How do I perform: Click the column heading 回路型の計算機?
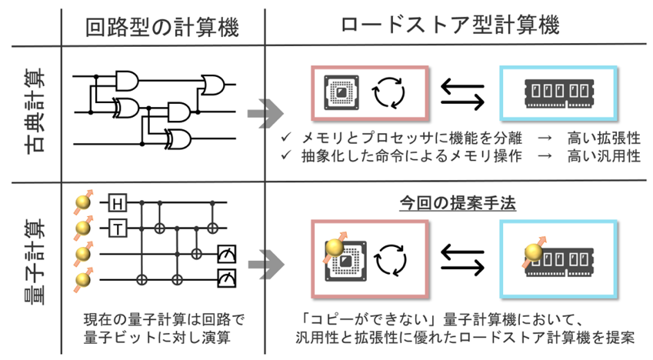click(x=162, y=28)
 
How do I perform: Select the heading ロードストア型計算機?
click(x=451, y=25)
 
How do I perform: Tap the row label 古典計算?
click(x=35, y=111)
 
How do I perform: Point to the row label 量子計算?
click(x=35, y=261)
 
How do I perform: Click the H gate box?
click(x=118, y=203)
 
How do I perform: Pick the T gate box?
click(x=118, y=228)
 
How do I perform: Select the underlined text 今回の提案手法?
click(x=458, y=203)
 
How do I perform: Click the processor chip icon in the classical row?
click(x=341, y=92)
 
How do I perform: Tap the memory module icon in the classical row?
click(x=559, y=93)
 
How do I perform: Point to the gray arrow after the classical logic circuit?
click(x=265, y=113)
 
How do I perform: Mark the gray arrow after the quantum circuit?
click(x=267, y=264)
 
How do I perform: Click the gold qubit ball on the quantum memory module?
click(x=534, y=252)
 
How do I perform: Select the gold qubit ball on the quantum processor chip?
click(x=335, y=248)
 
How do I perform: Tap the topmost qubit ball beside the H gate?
click(x=83, y=202)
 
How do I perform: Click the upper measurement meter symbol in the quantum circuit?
click(x=227, y=253)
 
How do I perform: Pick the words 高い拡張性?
click(x=604, y=138)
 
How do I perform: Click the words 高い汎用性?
click(x=604, y=156)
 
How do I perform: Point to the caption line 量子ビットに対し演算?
click(x=158, y=337)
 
